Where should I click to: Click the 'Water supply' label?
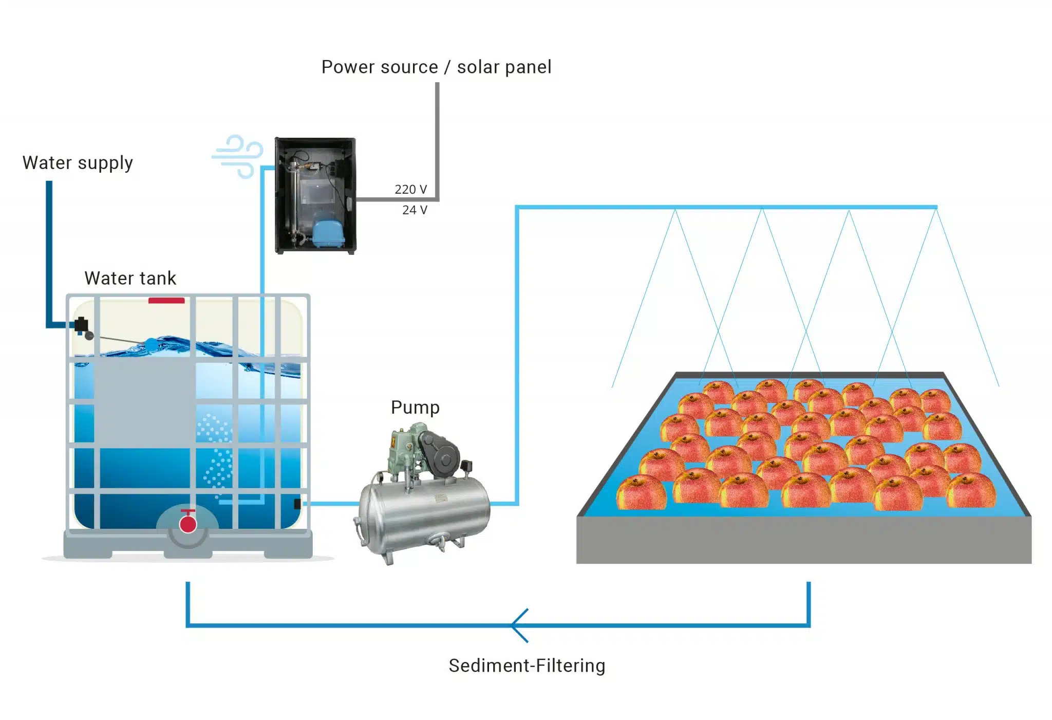pyautogui.click(x=78, y=163)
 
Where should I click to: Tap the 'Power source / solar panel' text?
pyautogui.click(x=436, y=67)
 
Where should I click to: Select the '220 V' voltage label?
pyautogui.click(x=410, y=190)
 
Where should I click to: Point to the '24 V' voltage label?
pyautogui.click(x=415, y=210)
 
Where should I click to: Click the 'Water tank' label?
pyautogui.click(x=130, y=279)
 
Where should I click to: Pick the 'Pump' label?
pyautogui.click(x=415, y=408)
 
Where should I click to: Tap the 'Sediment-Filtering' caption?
pyautogui.click(x=527, y=666)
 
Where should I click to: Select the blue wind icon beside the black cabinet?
pyautogui.click(x=237, y=156)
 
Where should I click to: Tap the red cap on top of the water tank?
pyautogui.click(x=166, y=301)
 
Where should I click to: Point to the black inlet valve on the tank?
pyautogui.click(x=82, y=325)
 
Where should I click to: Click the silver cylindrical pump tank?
pyautogui.click(x=424, y=514)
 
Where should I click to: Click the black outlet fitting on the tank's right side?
pyautogui.click(x=297, y=504)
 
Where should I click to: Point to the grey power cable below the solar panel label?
pyautogui.click(x=437, y=139)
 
